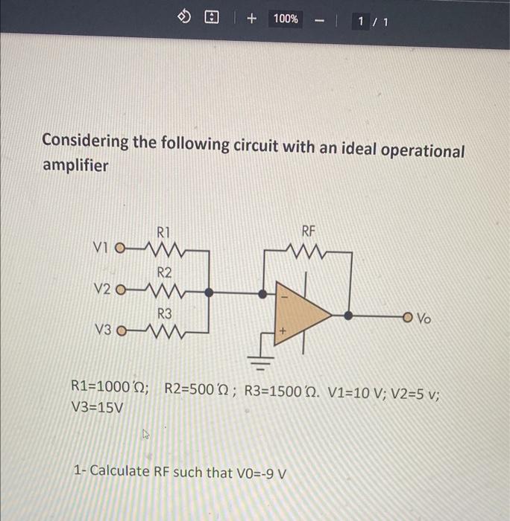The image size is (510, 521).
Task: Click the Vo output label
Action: tap(424, 318)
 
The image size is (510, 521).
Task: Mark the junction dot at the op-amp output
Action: tap(348, 315)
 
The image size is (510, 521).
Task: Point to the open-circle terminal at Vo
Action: tap(408, 316)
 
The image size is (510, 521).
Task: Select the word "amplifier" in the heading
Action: tap(75, 165)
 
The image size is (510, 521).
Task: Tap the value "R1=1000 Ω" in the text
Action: tap(109, 388)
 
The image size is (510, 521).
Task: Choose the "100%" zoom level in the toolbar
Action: tap(286, 19)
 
